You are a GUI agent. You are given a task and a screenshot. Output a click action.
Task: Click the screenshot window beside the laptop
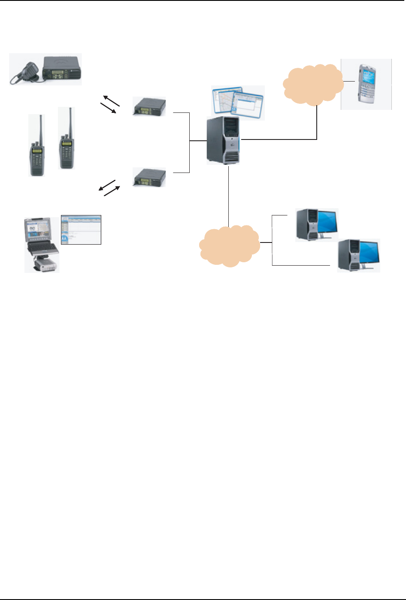[81, 230]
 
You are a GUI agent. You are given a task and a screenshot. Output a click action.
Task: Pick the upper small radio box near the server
[149, 106]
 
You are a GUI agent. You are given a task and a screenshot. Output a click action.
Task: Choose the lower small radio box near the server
[149, 177]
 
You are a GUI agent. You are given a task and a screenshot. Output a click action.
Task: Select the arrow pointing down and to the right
[109, 108]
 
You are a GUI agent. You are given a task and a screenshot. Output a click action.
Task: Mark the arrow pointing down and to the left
[107, 185]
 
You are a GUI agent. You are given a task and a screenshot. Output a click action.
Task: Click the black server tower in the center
[223, 140]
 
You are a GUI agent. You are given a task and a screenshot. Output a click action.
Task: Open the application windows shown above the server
[238, 103]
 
